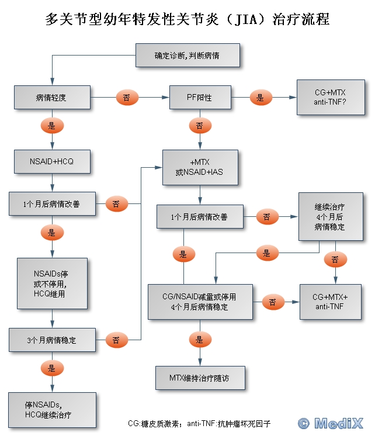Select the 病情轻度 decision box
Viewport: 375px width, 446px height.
tap(53, 98)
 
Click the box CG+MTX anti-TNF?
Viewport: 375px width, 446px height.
tap(331, 98)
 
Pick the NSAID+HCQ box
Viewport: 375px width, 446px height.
tap(53, 161)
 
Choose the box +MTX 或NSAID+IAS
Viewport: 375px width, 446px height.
tap(200, 167)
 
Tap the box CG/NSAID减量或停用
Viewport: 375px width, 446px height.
tap(200, 302)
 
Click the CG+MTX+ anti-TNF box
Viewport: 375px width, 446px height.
tap(330, 302)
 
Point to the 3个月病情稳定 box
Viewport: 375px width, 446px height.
tap(53, 340)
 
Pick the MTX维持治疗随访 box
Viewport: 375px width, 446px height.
tap(200, 378)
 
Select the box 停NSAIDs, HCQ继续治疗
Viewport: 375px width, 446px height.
tap(53, 410)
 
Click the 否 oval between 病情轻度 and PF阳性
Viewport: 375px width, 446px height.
tap(127, 98)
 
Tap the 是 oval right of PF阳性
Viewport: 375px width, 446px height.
tap(261, 98)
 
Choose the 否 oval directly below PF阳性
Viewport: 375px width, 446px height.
tap(200, 126)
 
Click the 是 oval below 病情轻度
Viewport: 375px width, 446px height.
tap(52, 126)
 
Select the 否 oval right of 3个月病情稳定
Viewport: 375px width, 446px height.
tap(116, 340)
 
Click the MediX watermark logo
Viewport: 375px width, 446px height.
tap(330, 423)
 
